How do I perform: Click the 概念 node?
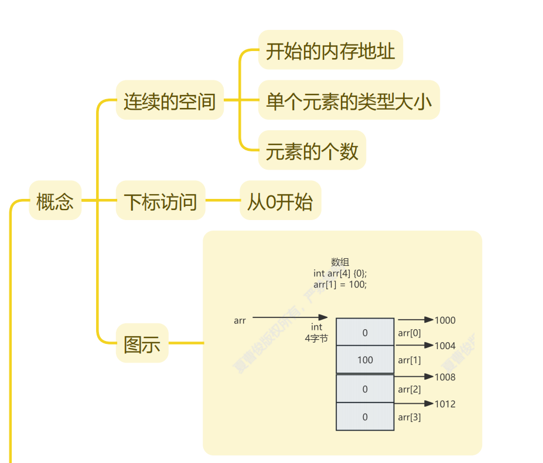(x=55, y=201)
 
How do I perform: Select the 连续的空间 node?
(x=170, y=100)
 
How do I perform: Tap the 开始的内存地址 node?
(x=330, y=50)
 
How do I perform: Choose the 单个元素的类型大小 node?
(x=349, y=100)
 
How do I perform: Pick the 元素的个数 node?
(x=312, y=151)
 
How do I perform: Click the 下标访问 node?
(x=160, y=201)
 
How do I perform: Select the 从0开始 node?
(x=280, y=201)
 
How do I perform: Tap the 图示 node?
(x=142, y=343)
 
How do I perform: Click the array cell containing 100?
(x=365, y=360)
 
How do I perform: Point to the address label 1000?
(x=445, y=320)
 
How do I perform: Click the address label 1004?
(x=445, y=346)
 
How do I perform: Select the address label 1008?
(x=445, y=377)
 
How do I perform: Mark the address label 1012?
(x=445, y=404)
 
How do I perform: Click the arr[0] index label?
(x=409, y=333)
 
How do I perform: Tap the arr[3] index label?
(x=409, y=418)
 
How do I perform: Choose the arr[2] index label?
(x=409, y=390)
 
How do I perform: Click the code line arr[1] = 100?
(x=340, y=285)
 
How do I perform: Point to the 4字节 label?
(x=316, y=339)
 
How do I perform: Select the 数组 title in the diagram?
(x=340, y=262)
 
